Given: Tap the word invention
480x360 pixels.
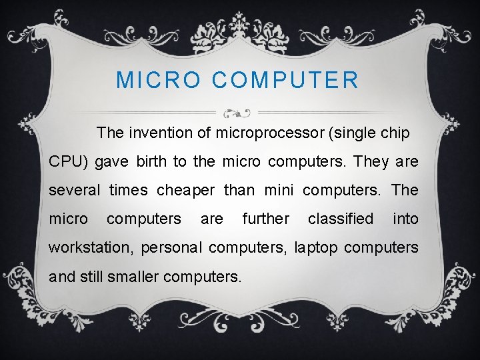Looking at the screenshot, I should [x=166, y=133].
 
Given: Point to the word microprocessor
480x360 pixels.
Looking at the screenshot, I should [x=270, y=133].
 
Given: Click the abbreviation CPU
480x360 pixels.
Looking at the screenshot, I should [x=64, y=162].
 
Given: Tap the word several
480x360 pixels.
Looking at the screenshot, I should [x=74, y=191].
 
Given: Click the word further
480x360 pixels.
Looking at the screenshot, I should [x=265, y=219].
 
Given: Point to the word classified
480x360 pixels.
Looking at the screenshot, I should [x=341, y=219].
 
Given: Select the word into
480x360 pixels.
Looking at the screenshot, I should [x=405, y=219].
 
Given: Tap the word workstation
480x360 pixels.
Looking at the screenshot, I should [x=90, y=248].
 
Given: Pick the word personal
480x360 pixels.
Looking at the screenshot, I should [x=172, y=248].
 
